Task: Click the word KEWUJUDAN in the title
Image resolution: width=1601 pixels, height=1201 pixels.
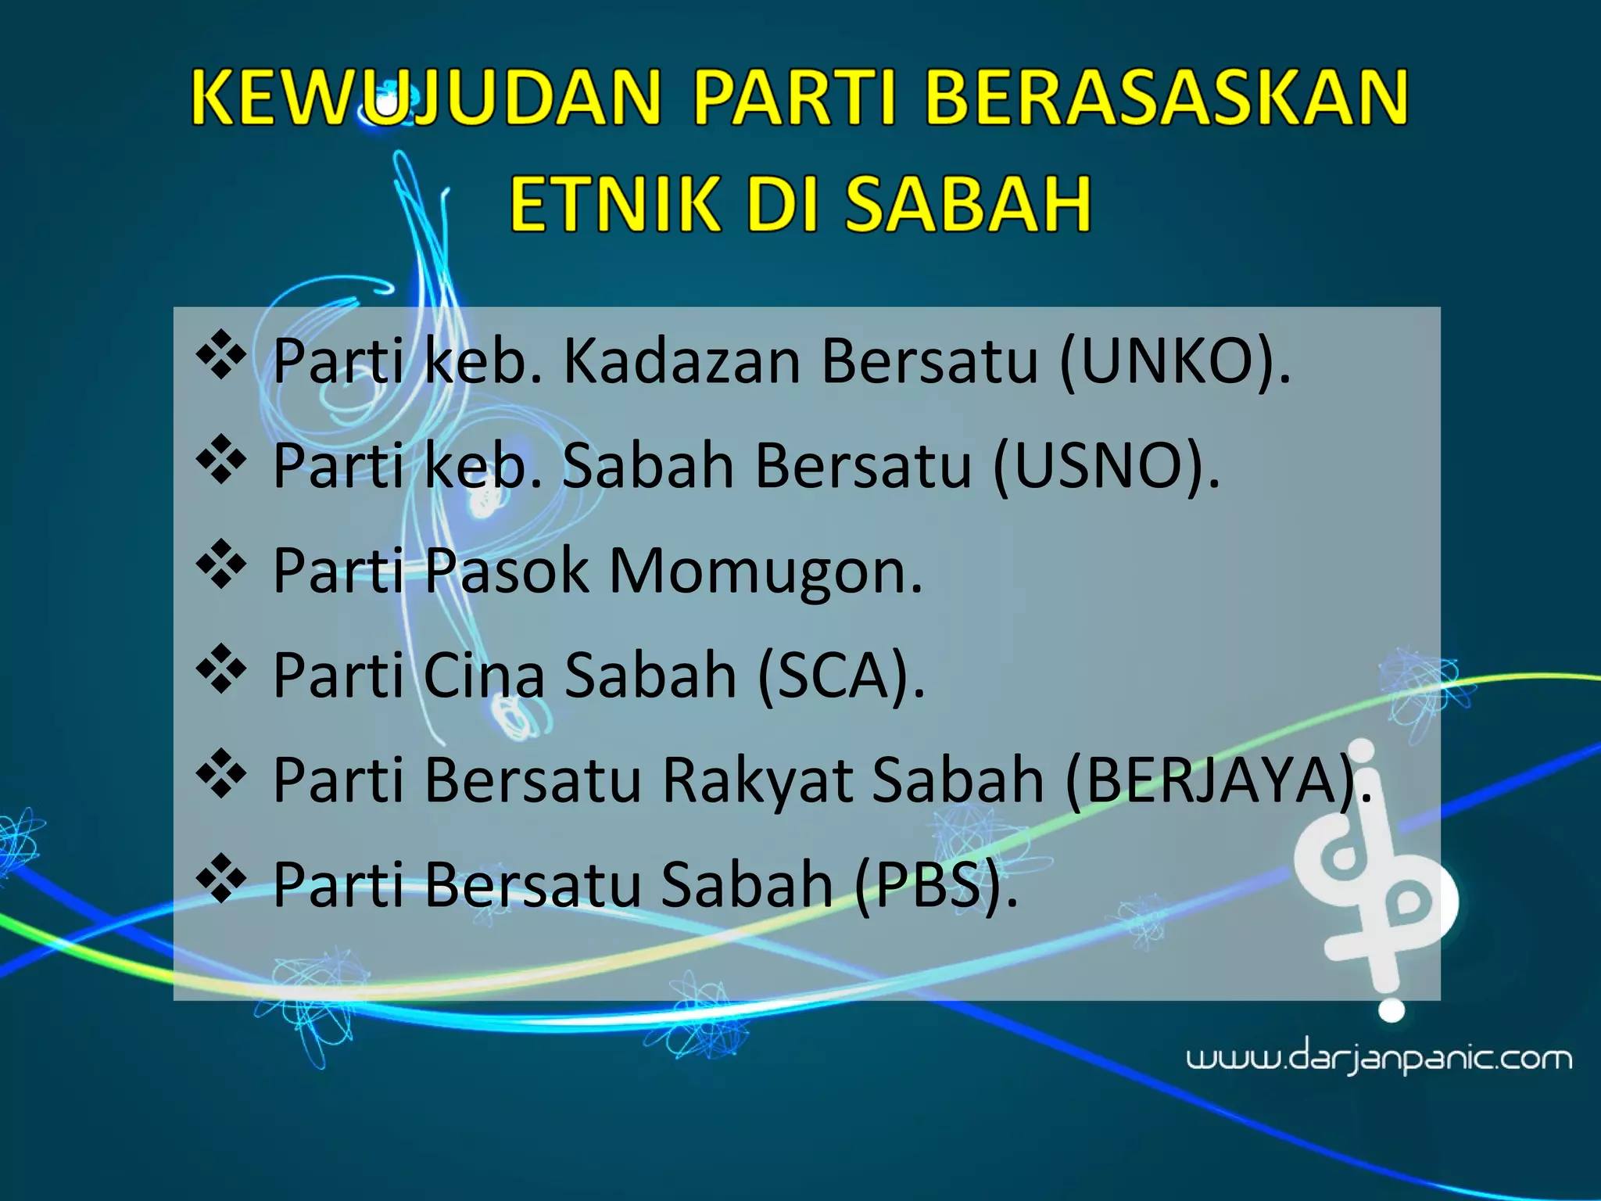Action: click(x=426, y=98)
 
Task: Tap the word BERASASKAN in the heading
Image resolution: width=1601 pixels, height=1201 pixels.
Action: click(x=1166, y=98)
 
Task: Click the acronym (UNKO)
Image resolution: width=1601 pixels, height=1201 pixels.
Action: click(x=1173, y=362)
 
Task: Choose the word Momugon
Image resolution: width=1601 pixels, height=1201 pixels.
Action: click(x=765, y=572)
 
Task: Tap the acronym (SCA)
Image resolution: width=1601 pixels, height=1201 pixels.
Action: click(x=840, y=676)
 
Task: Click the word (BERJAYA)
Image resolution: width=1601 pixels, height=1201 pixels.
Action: click(x=1216, y=780)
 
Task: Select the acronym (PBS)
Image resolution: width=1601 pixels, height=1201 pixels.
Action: click(x=935, y=885)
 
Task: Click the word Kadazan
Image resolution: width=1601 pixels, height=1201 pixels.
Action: click(x=682, y=362)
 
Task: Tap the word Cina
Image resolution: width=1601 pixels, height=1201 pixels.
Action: click(x=483, y=676)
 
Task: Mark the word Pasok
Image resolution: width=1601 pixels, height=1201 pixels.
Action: click(x=507, y=572)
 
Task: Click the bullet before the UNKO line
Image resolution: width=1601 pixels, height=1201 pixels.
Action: click(x=221, y=356)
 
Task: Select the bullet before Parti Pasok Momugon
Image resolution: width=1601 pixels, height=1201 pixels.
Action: click(x=221, y=565)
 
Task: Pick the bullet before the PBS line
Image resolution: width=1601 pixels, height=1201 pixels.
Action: click(x=221, y=879)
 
